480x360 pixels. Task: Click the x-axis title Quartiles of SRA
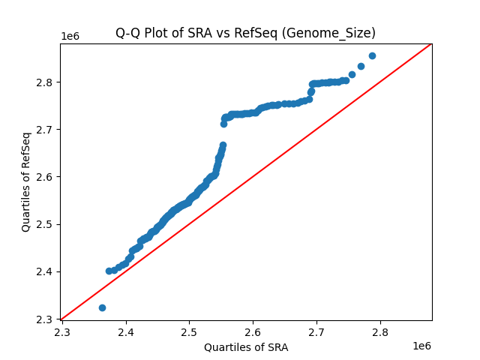[246, 347]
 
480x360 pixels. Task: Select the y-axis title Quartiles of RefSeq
[26, 181]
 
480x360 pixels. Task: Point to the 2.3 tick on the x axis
[62, 332]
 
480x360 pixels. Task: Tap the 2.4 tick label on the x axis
[126, 332]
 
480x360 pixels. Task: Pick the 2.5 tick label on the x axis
[190, 332]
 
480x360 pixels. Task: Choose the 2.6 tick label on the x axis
[253, 332]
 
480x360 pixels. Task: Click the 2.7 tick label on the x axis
[316, 332]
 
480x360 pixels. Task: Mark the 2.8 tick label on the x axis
[380, 332]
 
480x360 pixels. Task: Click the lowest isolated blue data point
[102, 307]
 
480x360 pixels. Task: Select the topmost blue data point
[372, 55]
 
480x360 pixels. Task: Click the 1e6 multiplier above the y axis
[70, 37]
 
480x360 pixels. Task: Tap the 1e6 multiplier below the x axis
[421, 346]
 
